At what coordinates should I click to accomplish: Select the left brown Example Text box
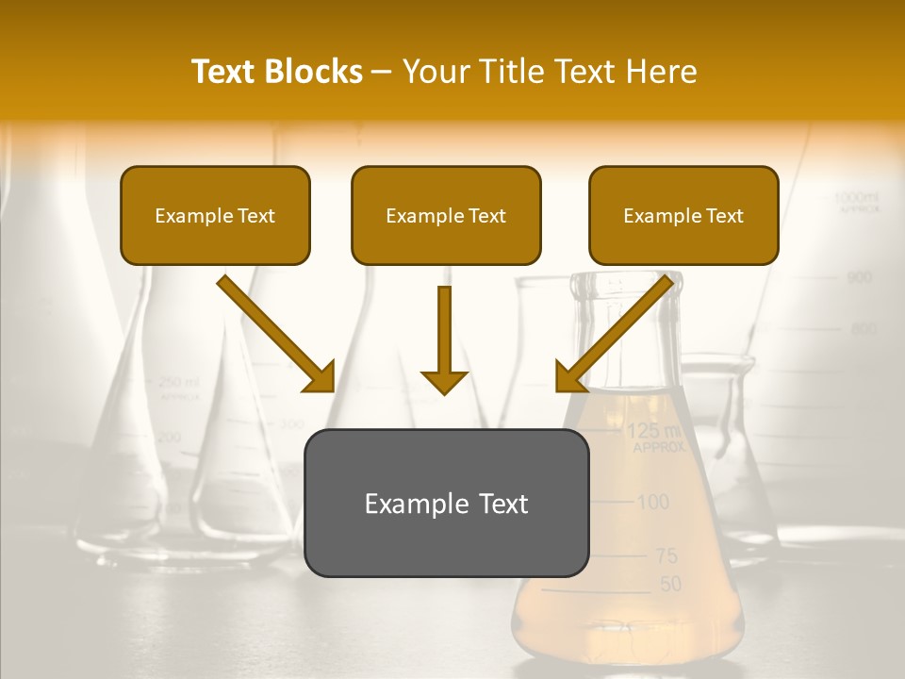click(215, 215)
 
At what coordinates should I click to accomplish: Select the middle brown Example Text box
click(446, 215)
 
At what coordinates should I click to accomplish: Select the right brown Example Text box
click(683, 215)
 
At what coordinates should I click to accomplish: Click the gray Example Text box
click(446, 503)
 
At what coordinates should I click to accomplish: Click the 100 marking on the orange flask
click(652, 502)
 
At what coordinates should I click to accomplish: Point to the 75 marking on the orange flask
click(666, 556)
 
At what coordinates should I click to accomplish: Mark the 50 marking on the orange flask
click(669, 585)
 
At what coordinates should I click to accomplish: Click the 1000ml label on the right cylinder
click(856, 197)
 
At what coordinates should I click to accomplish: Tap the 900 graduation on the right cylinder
click(859, 277)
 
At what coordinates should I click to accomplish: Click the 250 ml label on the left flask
click(178, 382)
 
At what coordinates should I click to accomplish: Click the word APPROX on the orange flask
click(659, 448)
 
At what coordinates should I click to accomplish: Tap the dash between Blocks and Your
click(382, 72)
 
